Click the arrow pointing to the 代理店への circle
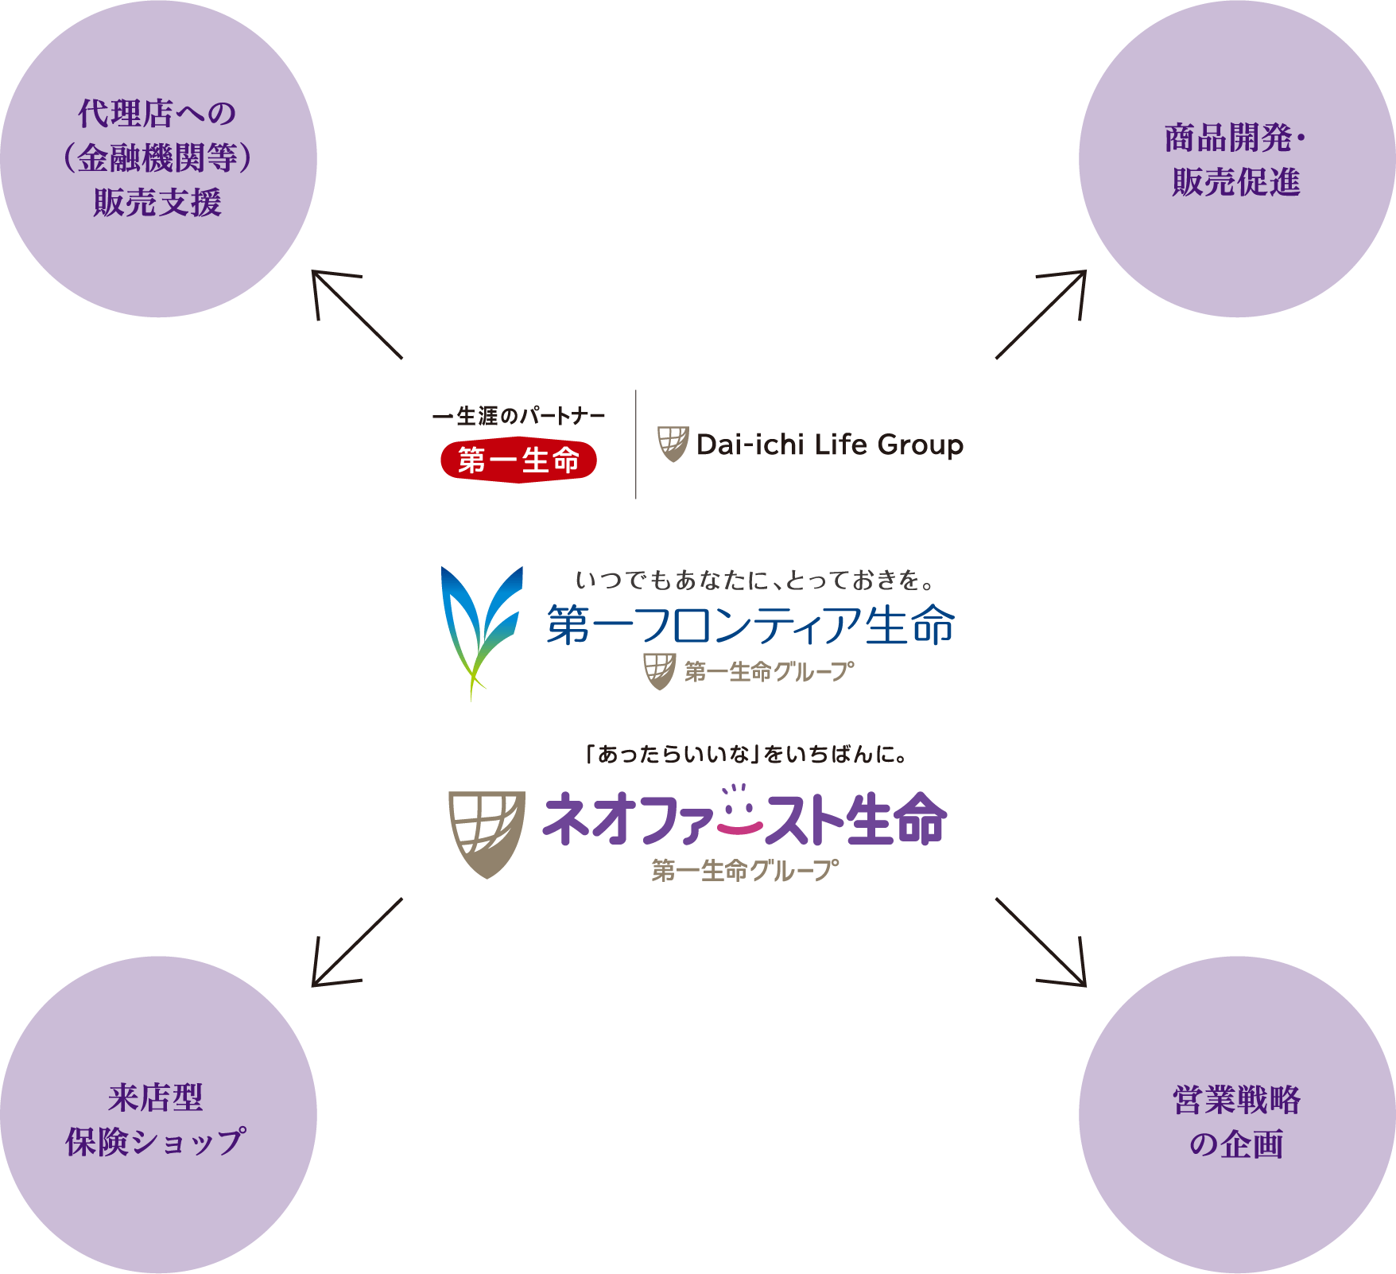pos(357,314)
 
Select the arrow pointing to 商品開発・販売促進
pos(1041,314)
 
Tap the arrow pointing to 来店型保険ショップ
pos(357,942)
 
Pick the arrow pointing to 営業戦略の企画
pos(1041,942)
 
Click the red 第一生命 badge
pos(518,460)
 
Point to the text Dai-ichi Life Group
pos(829,445)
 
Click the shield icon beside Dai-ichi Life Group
pos(673,444)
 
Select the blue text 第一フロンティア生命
pos(750,625)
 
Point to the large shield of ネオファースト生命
pos(487,834)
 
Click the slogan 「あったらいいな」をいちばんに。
pos(746,754)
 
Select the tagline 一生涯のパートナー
pos(519,416)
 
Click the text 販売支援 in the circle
pos(157,202)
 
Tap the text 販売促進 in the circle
pos(1236,182)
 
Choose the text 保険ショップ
pos(156,1142)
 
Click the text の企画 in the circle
pos(1237,1144)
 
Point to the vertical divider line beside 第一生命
pos(636,445)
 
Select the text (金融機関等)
pos(157,158)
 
